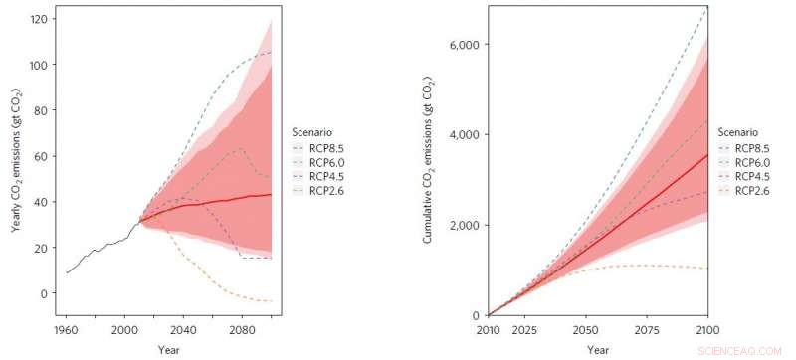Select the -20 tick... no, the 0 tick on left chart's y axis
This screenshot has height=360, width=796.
pos(45,293)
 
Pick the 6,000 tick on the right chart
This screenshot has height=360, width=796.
pos(464,45)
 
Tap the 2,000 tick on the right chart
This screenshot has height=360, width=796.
pos(464,226)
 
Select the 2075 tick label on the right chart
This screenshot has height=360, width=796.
pos(648,328)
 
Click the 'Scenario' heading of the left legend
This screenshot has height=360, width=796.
pos(314,131)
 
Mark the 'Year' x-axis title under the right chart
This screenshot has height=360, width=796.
pos(598,349)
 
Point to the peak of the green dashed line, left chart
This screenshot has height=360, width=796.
pos(240,149)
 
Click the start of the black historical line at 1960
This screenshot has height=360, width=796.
pos(67,272)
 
